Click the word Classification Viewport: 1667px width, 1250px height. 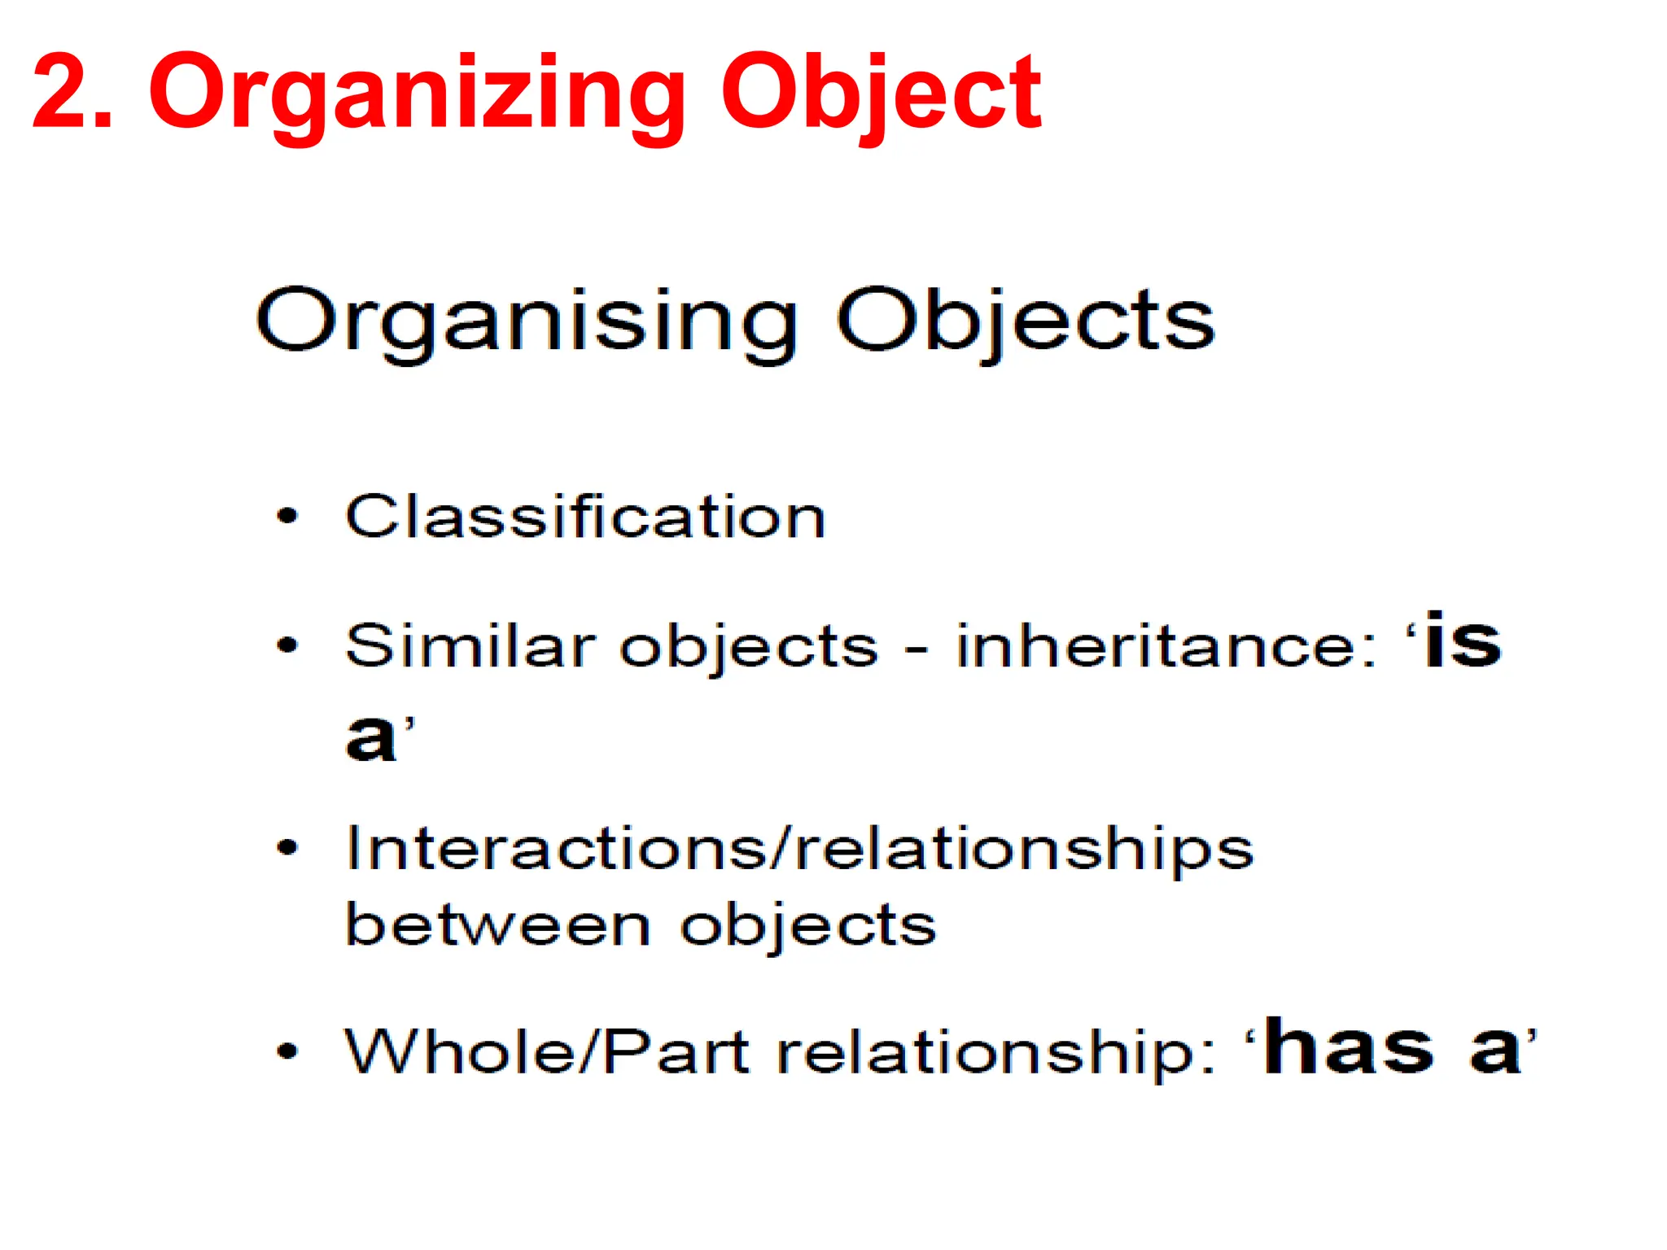[585, 517]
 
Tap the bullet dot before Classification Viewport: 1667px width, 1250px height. [288, 516]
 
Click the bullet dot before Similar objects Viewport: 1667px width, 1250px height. [288, 646]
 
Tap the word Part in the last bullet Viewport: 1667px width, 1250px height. [676, 1051]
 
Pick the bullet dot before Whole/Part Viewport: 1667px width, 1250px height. [288, 1051]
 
